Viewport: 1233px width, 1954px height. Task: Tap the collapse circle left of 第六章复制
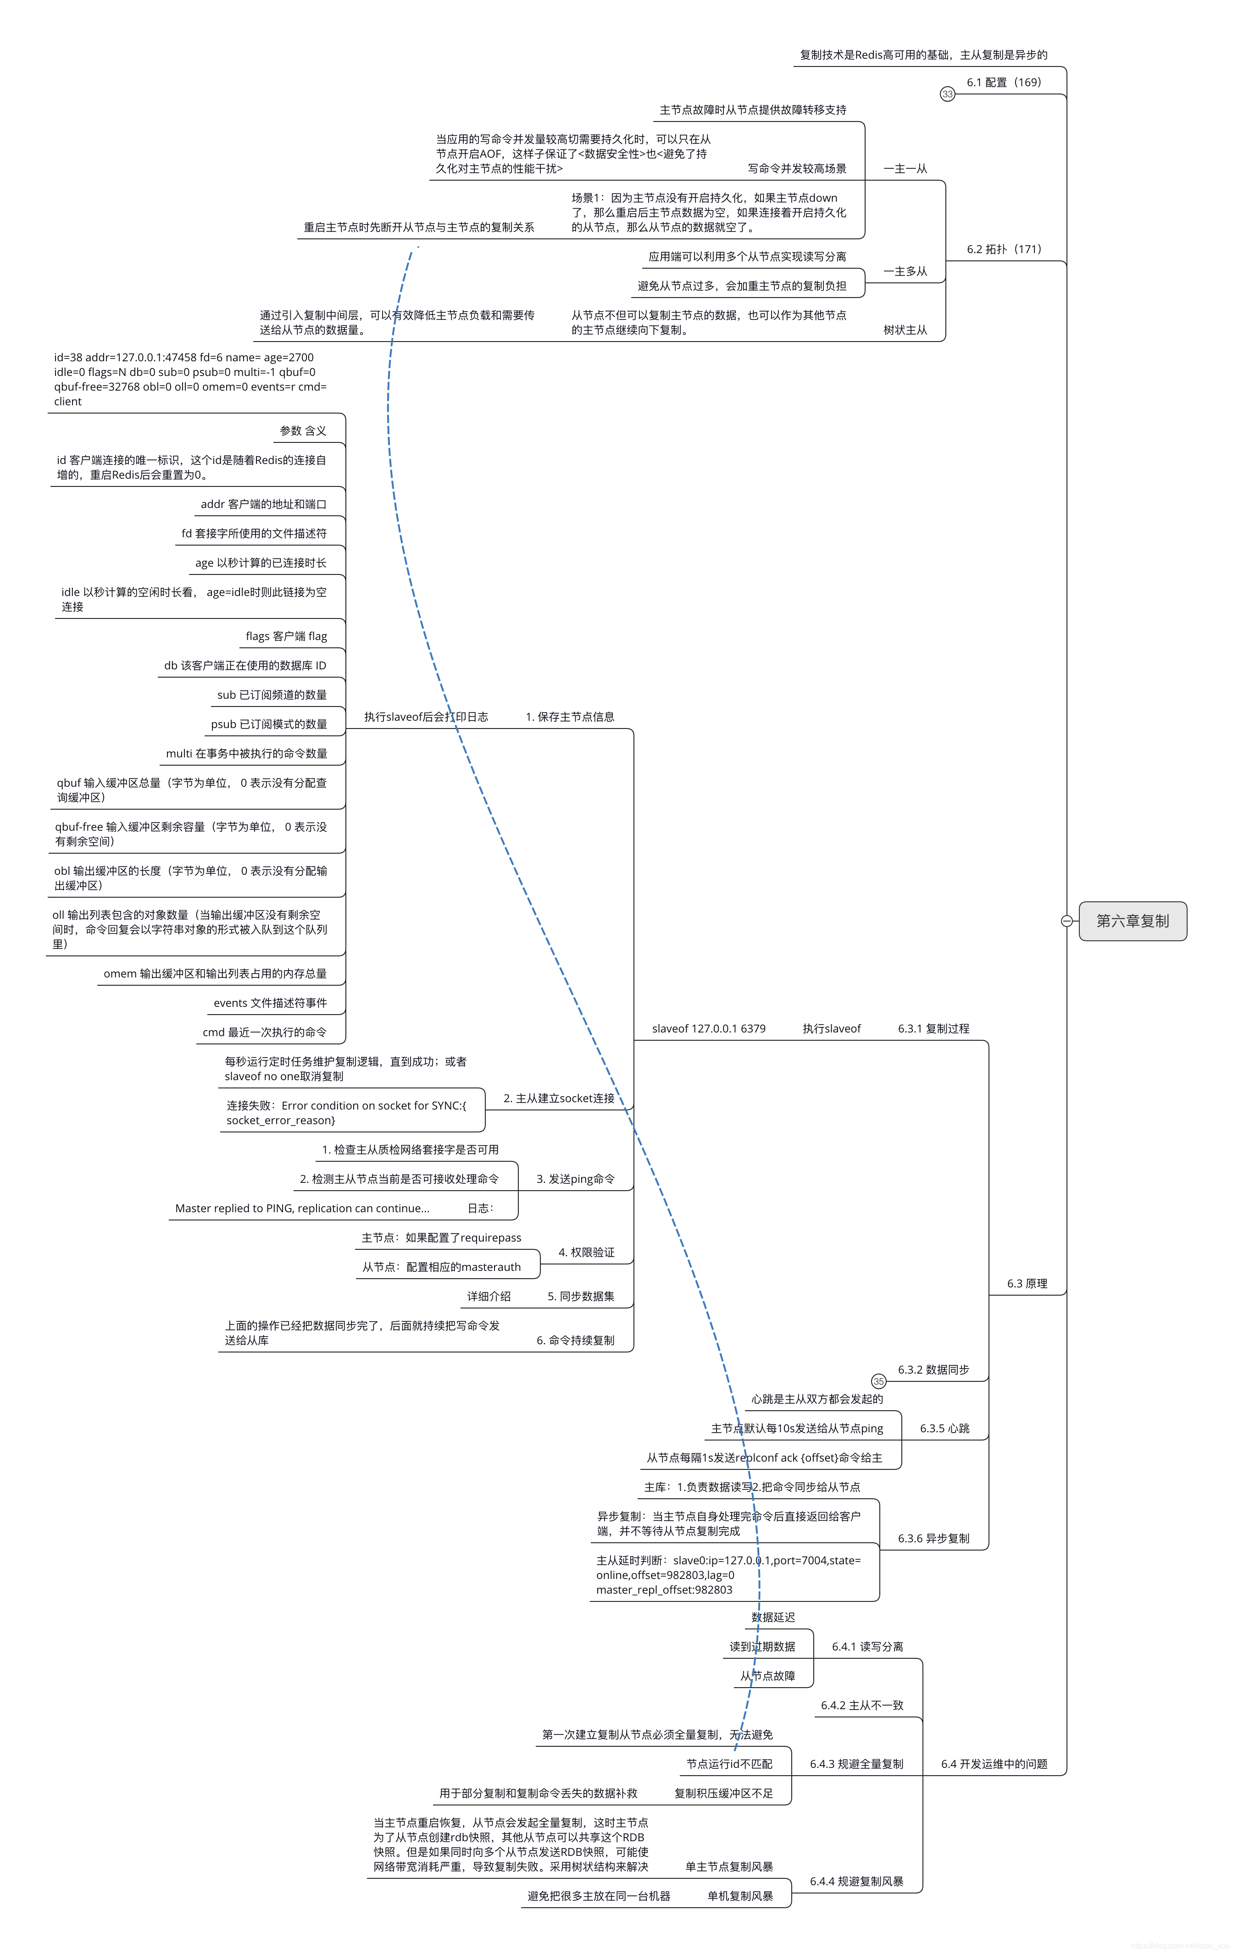coord(1066,921)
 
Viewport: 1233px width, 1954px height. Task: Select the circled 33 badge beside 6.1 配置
coord(947,94)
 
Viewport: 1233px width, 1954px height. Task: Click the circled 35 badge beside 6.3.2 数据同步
coord(878,1381)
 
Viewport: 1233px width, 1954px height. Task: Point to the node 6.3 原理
coord(1027,1284)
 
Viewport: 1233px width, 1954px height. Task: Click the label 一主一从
coord(905,169)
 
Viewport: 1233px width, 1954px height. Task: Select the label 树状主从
coord(905,330)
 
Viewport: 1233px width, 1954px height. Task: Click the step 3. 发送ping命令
coord(576,1179)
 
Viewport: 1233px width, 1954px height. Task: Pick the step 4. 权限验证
coord(586,1252)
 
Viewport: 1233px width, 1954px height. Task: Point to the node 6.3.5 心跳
coord(944,1428)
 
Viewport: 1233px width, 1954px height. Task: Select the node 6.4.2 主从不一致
coord(861,1705)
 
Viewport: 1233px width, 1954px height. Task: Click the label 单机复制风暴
coord(739,1896)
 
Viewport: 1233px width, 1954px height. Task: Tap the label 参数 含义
coord(303,431)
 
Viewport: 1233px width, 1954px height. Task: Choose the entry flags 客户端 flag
coord(286,636)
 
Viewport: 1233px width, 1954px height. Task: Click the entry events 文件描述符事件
coord(270,1003)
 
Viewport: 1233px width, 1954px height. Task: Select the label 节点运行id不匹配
coord(729,1764)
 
